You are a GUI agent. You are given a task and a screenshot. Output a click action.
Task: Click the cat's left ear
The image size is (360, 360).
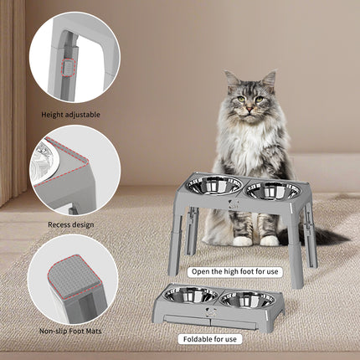tap(231, 81)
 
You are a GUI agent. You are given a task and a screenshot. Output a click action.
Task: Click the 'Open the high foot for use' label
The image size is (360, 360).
tap(235, 270)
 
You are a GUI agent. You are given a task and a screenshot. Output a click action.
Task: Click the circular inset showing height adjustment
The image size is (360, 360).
tap(74, 54)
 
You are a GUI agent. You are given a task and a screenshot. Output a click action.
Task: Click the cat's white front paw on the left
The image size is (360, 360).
tap(242, 240)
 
